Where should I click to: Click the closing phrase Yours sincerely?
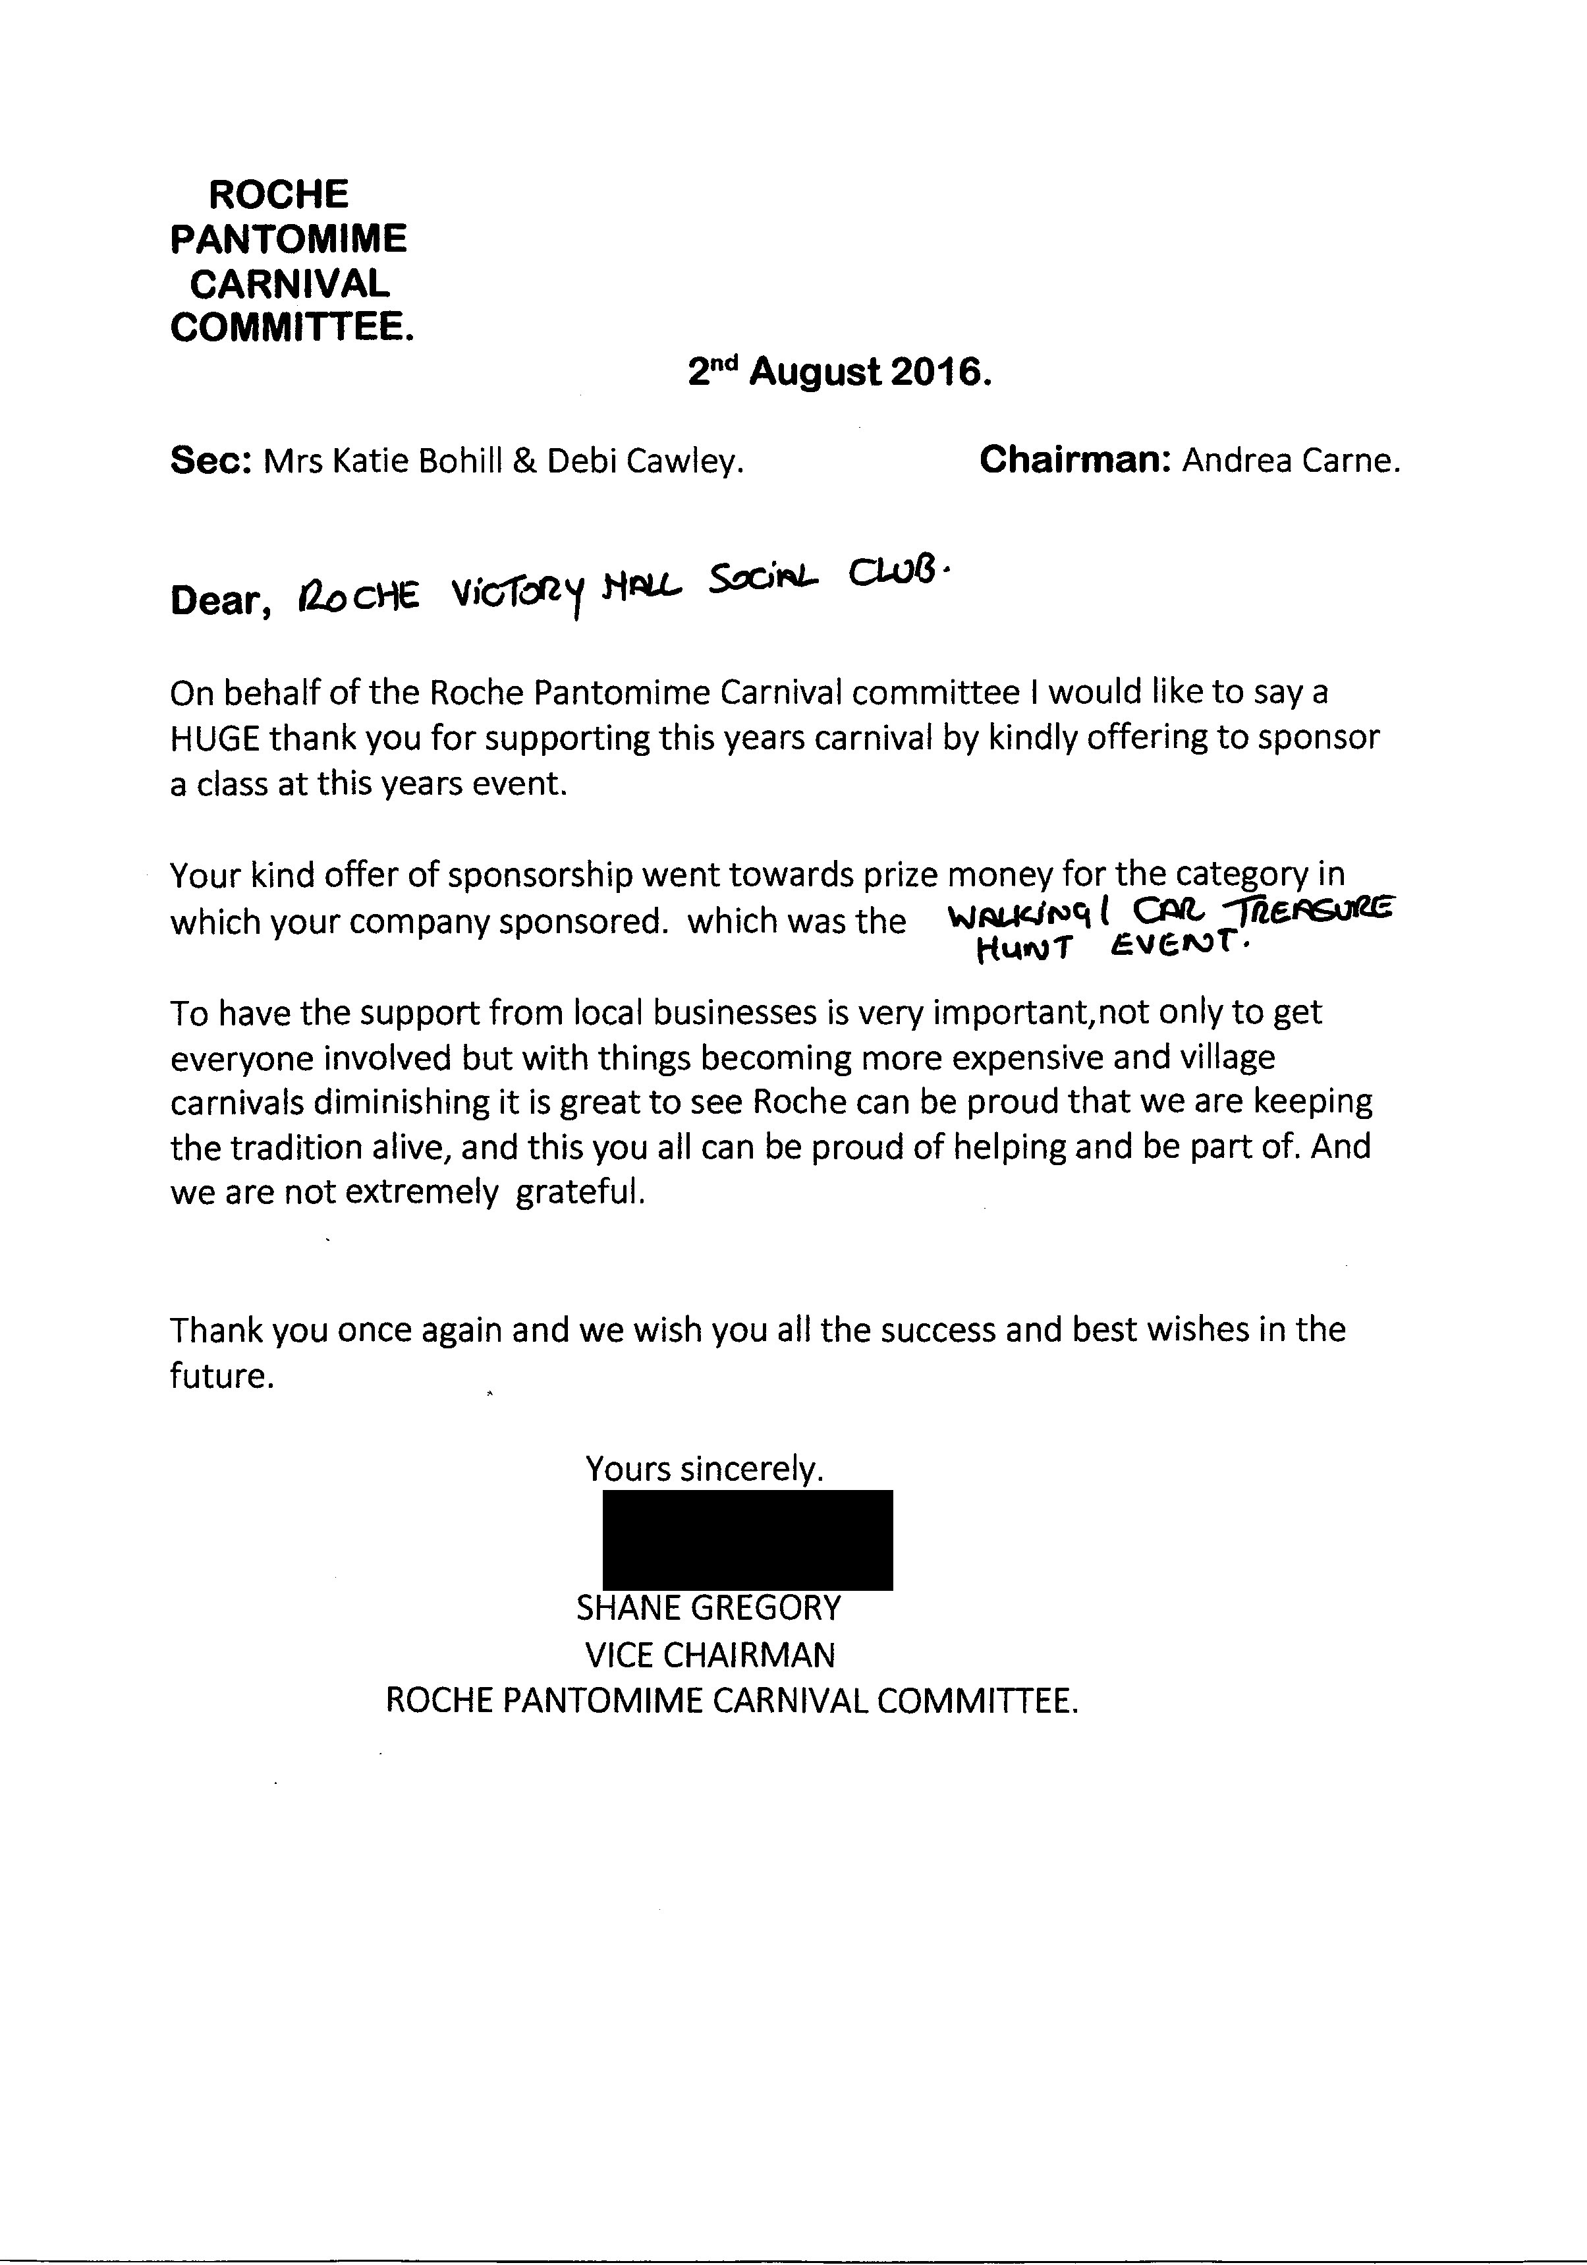[x=704, y=1469]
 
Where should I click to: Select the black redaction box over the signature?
[x=748, y=1540]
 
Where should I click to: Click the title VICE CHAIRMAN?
[x=709, y=1654]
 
